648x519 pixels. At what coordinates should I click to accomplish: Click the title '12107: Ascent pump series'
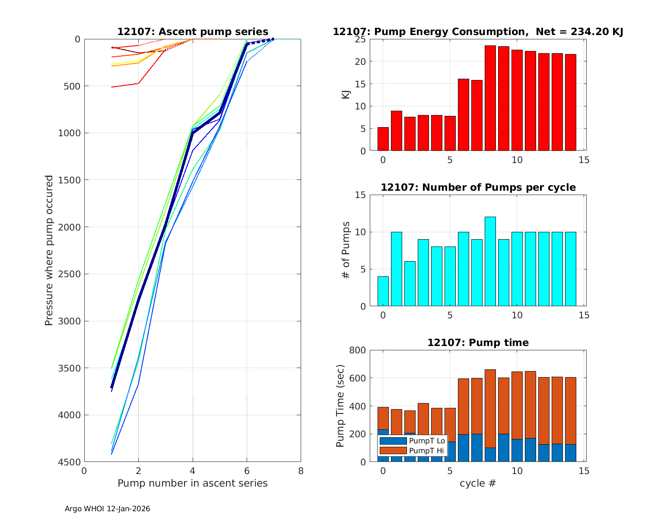(193, 32)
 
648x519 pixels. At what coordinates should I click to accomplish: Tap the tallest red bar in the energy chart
(490, 98)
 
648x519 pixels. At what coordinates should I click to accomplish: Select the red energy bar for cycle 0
(383, 139)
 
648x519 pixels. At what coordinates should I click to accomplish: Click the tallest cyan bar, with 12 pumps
(490, 262)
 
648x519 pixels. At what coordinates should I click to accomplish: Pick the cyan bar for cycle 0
(383, 291)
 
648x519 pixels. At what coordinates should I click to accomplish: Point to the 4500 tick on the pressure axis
(69, 462)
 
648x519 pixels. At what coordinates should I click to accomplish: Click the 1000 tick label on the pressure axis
(69, 133)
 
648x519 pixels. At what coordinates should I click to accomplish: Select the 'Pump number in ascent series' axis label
(193, 483)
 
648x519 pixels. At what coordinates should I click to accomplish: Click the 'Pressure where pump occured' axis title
(49, 250)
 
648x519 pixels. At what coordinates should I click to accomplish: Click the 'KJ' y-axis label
(346, 95)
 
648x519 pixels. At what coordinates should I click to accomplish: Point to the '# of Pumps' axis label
(346, 250)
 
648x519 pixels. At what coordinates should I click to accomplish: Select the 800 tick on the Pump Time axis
(357, 350)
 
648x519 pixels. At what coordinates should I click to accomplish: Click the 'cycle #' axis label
(477, 483)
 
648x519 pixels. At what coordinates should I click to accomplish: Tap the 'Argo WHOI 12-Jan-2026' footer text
(108, 509)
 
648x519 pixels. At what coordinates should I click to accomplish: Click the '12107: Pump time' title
(478, 343)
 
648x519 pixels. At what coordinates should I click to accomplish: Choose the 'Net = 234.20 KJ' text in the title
(579, 32)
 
